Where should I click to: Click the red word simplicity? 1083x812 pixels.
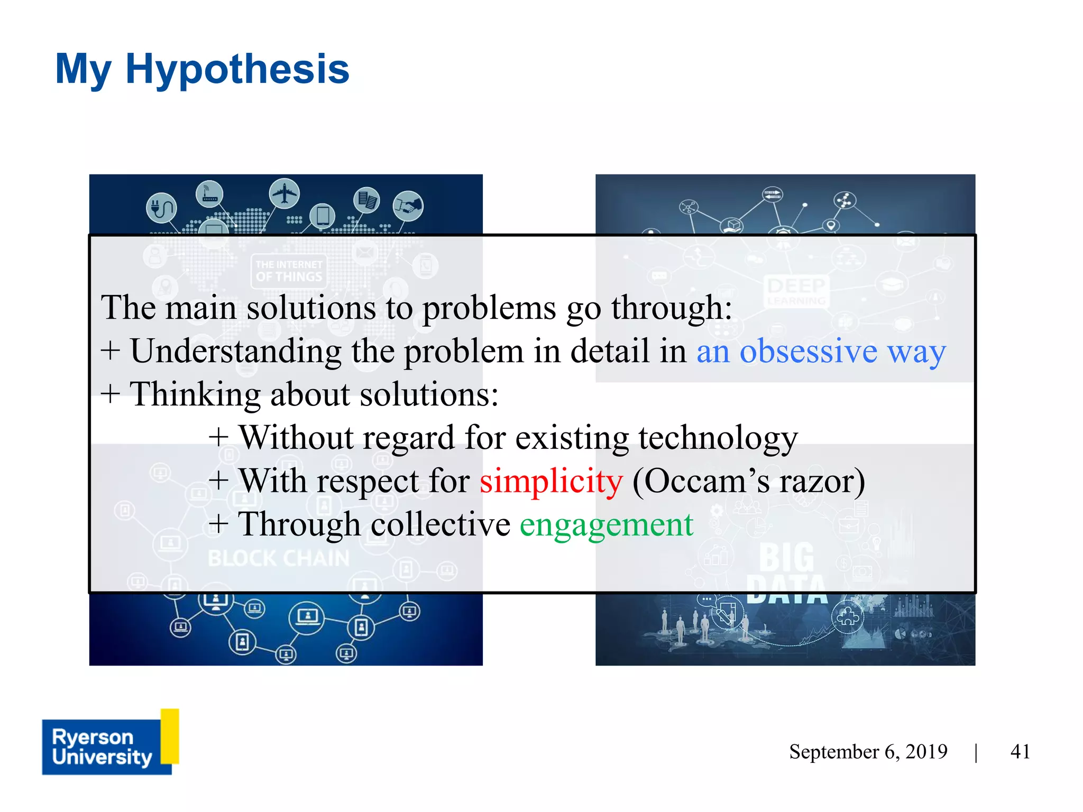(551, 482)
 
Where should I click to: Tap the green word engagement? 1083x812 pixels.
(606, 525)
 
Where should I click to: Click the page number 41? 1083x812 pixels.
(1020, 751)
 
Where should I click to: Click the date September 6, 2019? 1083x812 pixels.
(868, 751)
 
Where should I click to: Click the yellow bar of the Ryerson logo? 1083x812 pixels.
(170, 736)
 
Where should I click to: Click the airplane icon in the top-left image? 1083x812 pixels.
(284, 193)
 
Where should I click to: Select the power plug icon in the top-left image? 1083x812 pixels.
(161, 208)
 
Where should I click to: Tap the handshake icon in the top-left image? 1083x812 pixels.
(408, 206)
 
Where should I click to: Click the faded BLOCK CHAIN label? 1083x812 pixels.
(278, 558)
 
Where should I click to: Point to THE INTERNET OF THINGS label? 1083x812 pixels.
(289, 271)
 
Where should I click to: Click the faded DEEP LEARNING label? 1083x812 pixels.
(796, 290)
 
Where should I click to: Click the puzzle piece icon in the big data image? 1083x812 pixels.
(848, 616)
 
